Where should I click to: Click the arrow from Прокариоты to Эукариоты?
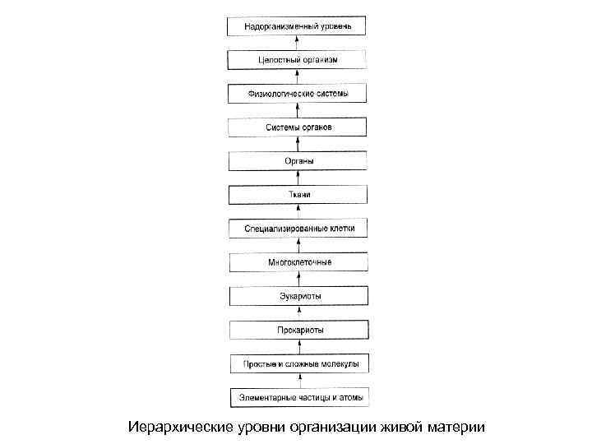click(x=298, y=312)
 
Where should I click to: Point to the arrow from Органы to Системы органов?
click(x=298, y=144)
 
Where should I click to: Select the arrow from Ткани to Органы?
click(x=298, y=178)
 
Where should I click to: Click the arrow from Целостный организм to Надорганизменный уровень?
click(x=298, y=43)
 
